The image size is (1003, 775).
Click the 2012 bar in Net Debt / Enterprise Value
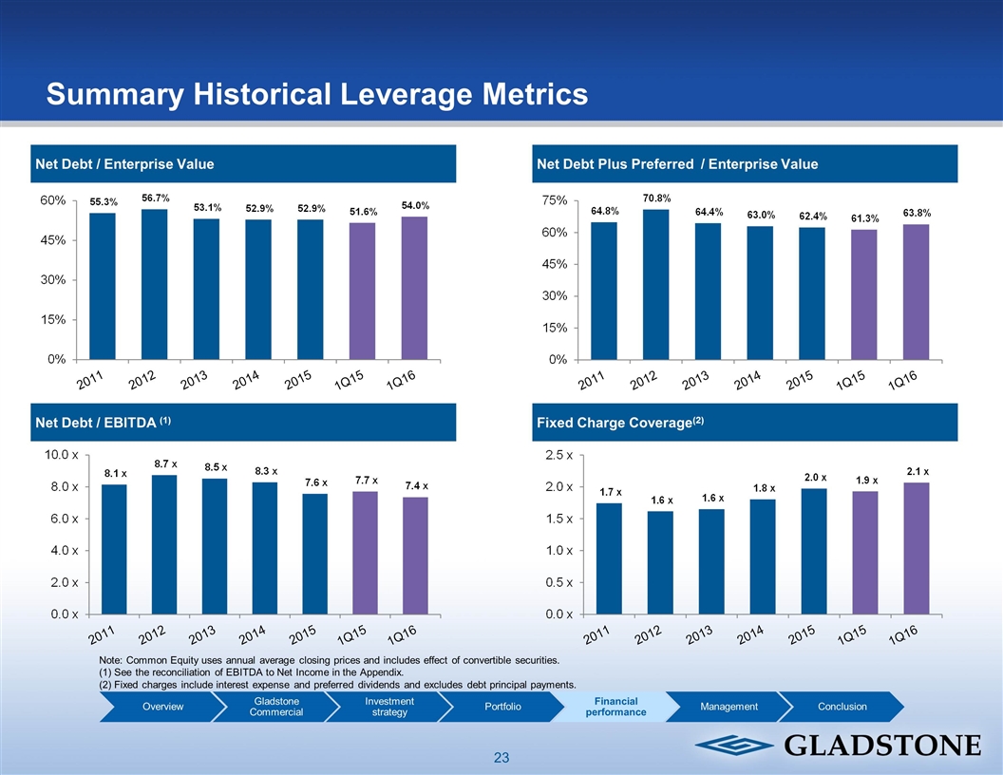click(154, 284)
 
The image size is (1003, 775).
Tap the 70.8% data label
click(656, 198)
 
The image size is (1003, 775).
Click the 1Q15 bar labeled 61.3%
click(864, 294)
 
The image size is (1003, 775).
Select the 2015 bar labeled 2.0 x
click(813, 551)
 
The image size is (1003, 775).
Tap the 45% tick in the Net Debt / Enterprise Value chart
click(52, 240)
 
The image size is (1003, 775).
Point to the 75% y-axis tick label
click(555, 200)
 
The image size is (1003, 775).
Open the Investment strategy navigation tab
click(388, 707)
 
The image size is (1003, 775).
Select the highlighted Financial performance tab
click(615, 707)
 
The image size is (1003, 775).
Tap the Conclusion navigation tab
click(842, 707)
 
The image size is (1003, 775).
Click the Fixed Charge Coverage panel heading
click(619, 422)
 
